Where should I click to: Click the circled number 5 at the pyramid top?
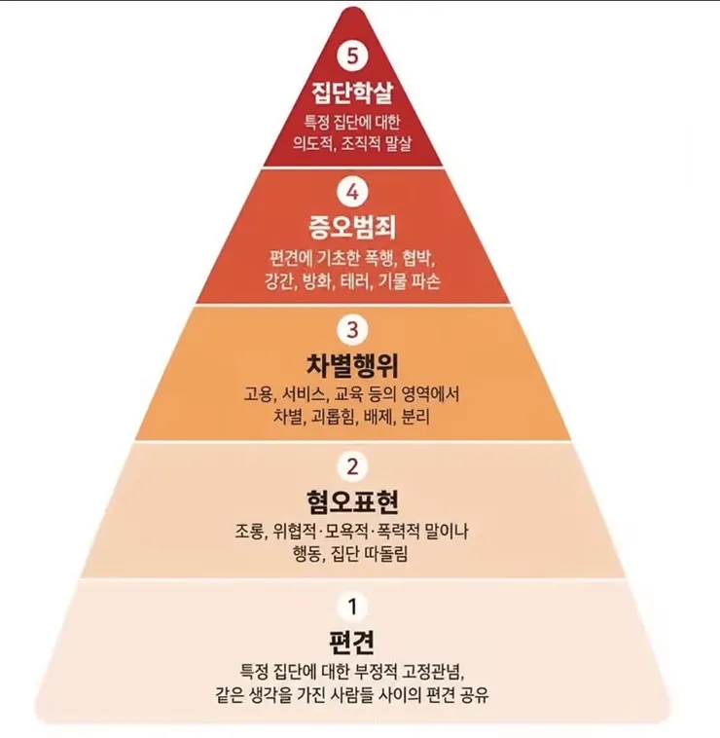[352, 55]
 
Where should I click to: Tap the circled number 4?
[352, 192]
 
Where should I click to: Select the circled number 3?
[352, 329]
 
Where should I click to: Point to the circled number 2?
[352, 466]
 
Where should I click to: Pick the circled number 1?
[352, 607]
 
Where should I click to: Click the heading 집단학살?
[352, 92]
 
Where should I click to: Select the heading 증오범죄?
[352, 227]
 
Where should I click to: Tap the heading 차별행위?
[352, 365]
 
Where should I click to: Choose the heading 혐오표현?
[352, 502]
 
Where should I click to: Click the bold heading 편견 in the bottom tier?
[352, 641]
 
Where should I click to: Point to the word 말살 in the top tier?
[398, 143]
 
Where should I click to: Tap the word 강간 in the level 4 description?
[278, 281]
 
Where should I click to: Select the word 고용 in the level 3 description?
[257, 394]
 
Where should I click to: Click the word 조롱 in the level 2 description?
[250, 532]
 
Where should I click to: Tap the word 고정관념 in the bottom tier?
[431, 672]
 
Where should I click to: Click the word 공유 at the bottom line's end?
[475, 695]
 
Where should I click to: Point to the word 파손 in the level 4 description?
[426, 281]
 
